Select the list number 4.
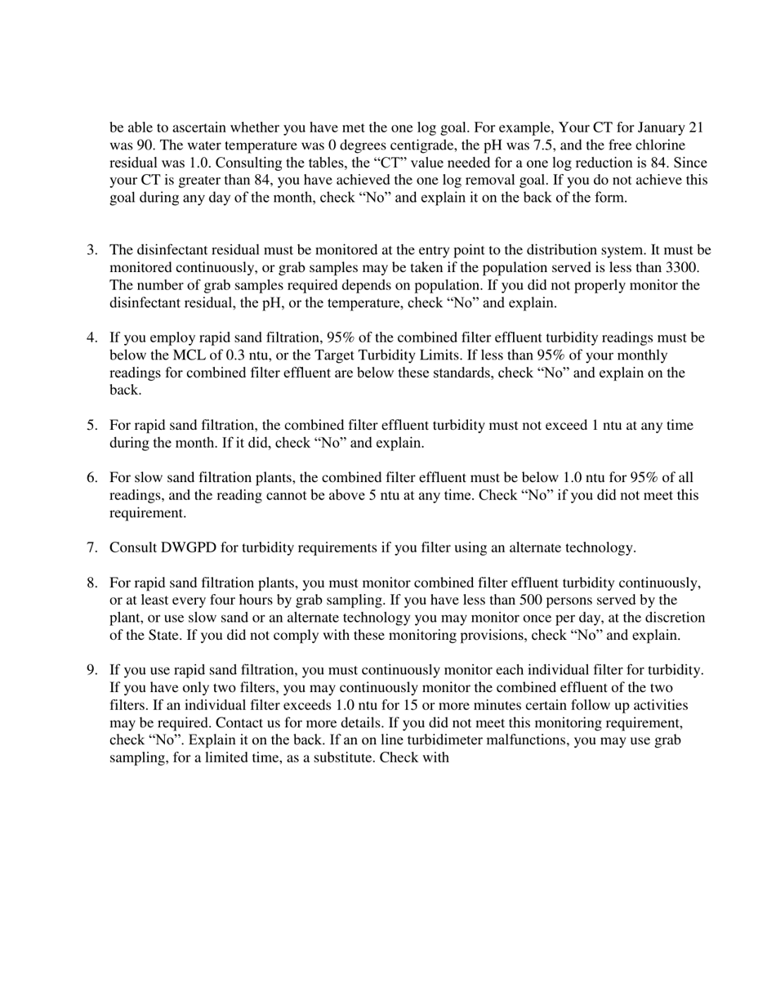coord(92,337)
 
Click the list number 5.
coord(92,426)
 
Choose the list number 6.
coord(92,478)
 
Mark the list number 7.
coord(92,547)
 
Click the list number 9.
coord(92,670)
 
